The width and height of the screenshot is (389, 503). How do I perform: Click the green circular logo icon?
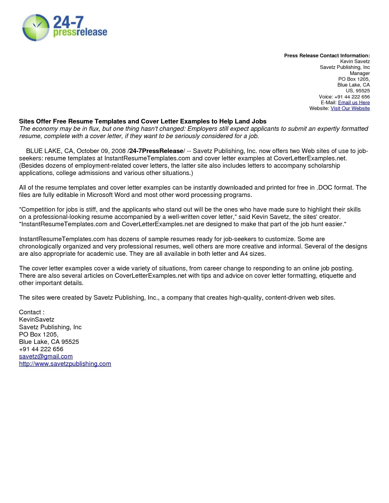point(36,27)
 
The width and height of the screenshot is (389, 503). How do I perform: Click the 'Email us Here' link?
point(354,102)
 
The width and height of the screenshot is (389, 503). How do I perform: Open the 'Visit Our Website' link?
point(350,108)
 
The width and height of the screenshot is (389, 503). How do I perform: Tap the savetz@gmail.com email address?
point(46,356)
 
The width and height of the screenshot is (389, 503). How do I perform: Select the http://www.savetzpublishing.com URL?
point(65,364)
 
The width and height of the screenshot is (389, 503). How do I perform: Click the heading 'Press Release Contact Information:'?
point(327,55)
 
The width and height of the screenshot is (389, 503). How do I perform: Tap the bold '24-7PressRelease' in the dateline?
point(156,151)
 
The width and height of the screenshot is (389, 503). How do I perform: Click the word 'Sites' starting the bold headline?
point(27,121)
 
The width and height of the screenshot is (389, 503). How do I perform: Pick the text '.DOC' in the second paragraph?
point(324,187)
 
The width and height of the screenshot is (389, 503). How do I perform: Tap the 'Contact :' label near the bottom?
point(32,312)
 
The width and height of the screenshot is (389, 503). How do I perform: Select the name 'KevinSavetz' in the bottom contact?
point(37,319)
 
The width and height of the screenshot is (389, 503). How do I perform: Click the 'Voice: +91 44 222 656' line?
point(344,97)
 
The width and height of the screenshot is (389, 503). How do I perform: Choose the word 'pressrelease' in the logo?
point(80,32)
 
